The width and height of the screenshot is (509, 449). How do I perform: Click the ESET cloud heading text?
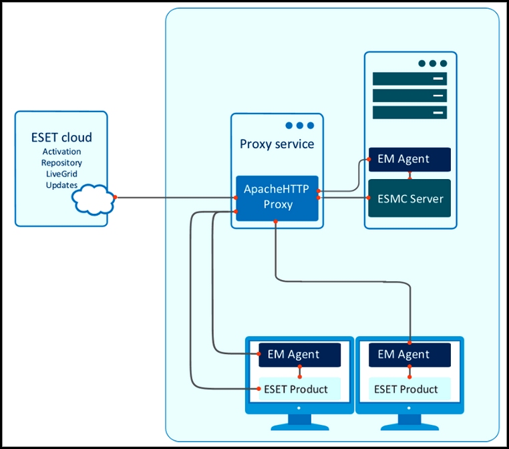pyautogui.click(x=61, y=138)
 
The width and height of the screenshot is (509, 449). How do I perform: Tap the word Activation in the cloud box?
pyautogui.click(x=61, y=152)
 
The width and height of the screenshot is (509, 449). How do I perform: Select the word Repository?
pyautogui.click(x=61, y=162)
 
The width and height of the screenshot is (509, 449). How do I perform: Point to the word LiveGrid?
pyautogui.click(x=61, y=174)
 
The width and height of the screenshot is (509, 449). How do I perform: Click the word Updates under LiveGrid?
pyautogui.click(x=61, y=184)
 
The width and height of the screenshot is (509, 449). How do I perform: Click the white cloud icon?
pyautogui.click(x=93, y=199)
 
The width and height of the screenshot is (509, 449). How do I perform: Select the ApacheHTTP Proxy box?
pyautogui.click(x=277, y=198)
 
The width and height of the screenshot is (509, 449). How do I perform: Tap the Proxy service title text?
pyautogui.click(x=277, y=144)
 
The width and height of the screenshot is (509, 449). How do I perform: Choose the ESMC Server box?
pyautogui.click(x=409, y=198)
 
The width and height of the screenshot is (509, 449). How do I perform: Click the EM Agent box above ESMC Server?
pyautogui.click(x=409, y=159)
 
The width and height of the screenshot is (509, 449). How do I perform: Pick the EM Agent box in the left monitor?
pyautogui.click(x=300, y=355)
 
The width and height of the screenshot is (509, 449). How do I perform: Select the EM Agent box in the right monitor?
pyautogui.click(x=409, y=355)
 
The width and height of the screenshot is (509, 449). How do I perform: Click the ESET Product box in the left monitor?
pyautogui.click(x=300, y=389)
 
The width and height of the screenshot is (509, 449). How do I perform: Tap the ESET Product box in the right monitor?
pyautogui.click(x=409, y=389)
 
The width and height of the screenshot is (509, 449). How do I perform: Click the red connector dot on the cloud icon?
pyautogui.click(x=115, y=197)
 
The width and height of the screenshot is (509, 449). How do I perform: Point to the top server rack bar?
pyautogui.click(x=409, y=79)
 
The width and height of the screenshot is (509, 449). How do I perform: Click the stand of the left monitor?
pyautogui.click(x=300, y=422)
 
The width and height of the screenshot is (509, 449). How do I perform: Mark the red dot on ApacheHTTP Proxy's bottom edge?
pyautogui.click(x=275, y=221)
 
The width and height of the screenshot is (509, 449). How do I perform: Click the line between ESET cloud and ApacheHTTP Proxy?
pyautogui.click(x=175, y=197)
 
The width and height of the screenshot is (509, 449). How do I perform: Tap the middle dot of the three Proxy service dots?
pyautogui.click(x=300, y=126)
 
